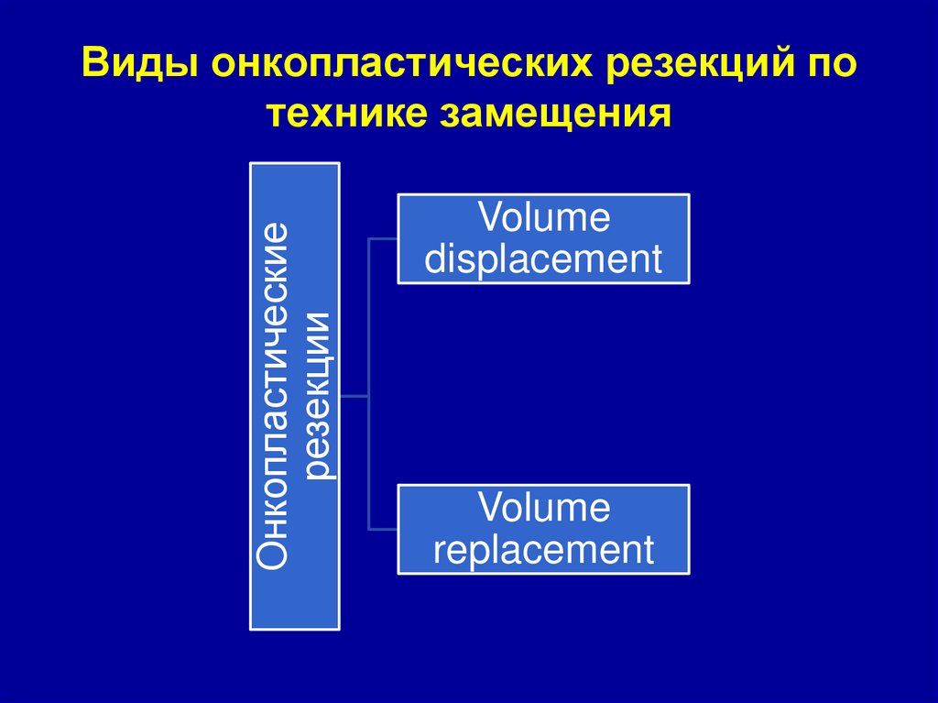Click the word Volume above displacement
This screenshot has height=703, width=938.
click(x=543, y=219)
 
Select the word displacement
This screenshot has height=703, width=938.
click(x=543, y=259)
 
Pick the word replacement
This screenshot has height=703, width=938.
click(x=543, y=550)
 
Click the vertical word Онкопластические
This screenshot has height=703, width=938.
click(x=274, y=395)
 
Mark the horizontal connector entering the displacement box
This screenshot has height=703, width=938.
click(x=382, y=239)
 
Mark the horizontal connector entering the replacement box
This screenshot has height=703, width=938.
click(x=382, y=529)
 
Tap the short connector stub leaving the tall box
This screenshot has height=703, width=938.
click(x=354, y=396)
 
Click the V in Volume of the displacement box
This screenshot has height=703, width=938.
click(x=488, y=219)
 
